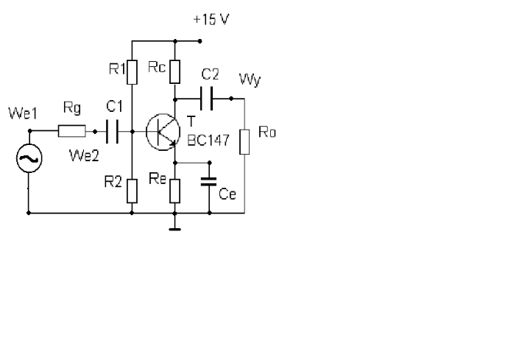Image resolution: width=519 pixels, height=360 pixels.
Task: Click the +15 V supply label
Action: pos(211,21)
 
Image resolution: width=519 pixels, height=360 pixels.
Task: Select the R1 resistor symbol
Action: pos(132,71)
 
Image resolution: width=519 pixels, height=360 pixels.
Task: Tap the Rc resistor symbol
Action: pos(174,71)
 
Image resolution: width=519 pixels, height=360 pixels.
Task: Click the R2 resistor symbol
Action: pos(132,190)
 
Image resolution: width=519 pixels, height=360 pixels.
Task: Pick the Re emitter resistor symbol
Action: pos(174,191)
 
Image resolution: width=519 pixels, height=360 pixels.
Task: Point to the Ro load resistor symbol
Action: pos(244,141)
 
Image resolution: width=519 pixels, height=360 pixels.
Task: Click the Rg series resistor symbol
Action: pos(71,132)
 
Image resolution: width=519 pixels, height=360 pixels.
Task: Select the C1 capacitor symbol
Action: pos(113,132)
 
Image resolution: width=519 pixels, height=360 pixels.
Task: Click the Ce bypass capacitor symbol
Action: pos(210,181)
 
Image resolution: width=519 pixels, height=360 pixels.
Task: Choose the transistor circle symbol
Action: pos(163,132)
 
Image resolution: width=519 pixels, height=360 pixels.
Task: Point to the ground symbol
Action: pos(174,229)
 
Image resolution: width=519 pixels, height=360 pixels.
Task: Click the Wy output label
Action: pos(248,79)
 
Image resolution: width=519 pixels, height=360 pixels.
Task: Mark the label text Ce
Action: pos(227,194)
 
